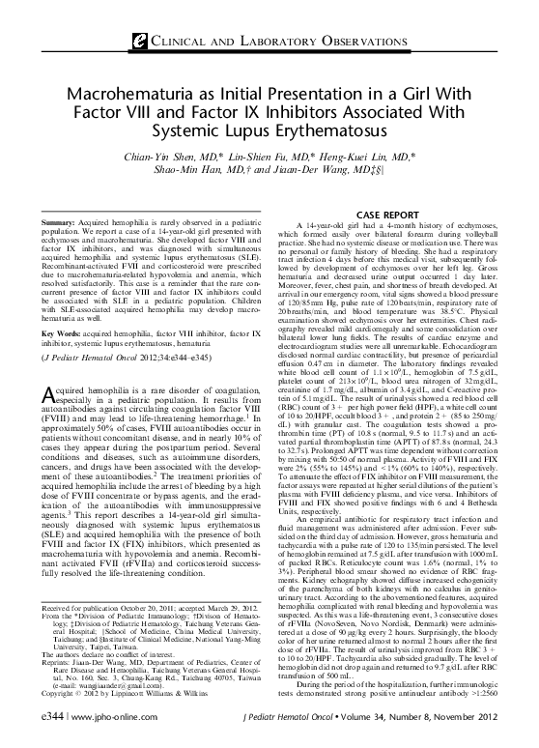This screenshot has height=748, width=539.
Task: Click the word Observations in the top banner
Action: tap(346, 41)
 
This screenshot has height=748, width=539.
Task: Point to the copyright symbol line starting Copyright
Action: tap(106, 693)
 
